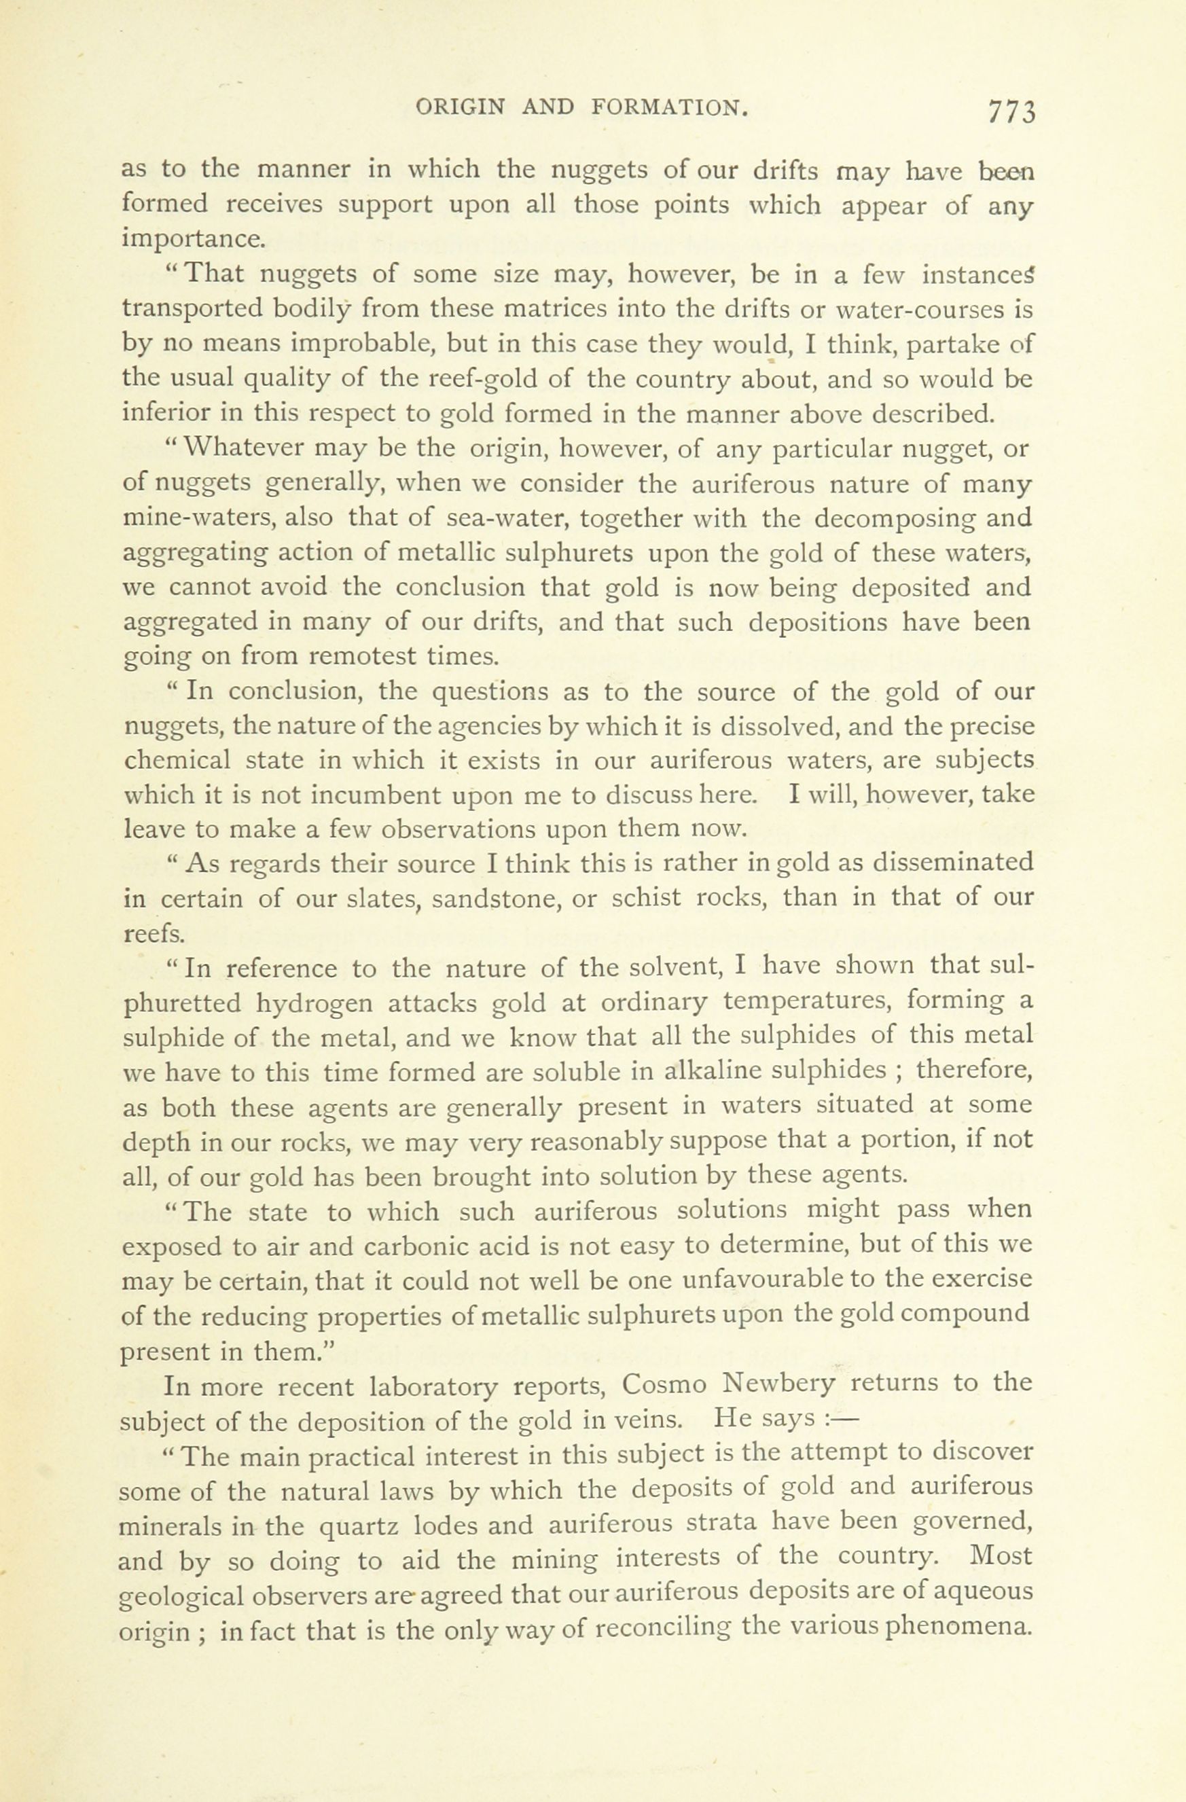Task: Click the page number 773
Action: (x=1010, y=111)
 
